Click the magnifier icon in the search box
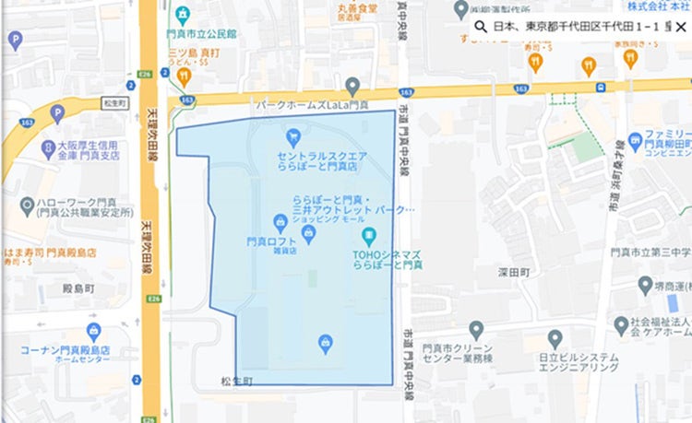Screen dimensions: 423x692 tap(480, 27)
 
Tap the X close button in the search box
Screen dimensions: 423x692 tap(680, 27)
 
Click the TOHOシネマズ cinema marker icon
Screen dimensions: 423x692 tap(369, 236)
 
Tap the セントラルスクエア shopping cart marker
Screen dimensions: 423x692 tap(292, 139)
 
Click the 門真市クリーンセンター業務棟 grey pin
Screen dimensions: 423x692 tap(476, 329)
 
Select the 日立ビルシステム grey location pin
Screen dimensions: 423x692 tap(555, 338)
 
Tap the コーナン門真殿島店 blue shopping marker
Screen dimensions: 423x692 tap(92, 332)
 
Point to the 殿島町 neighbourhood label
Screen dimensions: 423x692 tap(80, 289)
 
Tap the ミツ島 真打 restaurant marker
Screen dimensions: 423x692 tap(184, 76)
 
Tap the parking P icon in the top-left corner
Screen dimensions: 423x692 tap(14, 40)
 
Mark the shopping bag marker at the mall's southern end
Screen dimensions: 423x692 tap(325, 344)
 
